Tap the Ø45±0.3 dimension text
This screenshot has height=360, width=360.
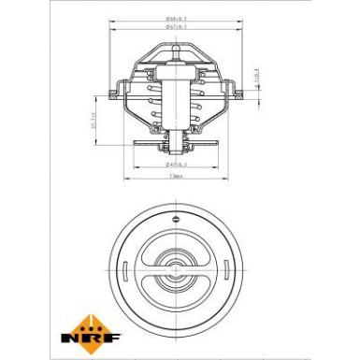tap(180, 166)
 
